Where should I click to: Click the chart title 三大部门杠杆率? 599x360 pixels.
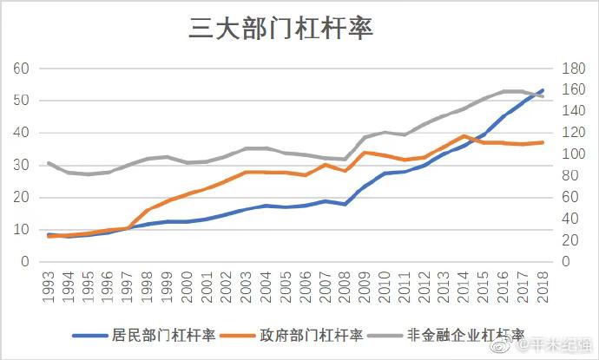tap(280, 29)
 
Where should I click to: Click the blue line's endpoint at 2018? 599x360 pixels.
tap(543, 90)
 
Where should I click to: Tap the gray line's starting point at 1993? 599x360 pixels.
tap(49, 163)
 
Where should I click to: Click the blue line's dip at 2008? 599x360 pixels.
tap(346, 205)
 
